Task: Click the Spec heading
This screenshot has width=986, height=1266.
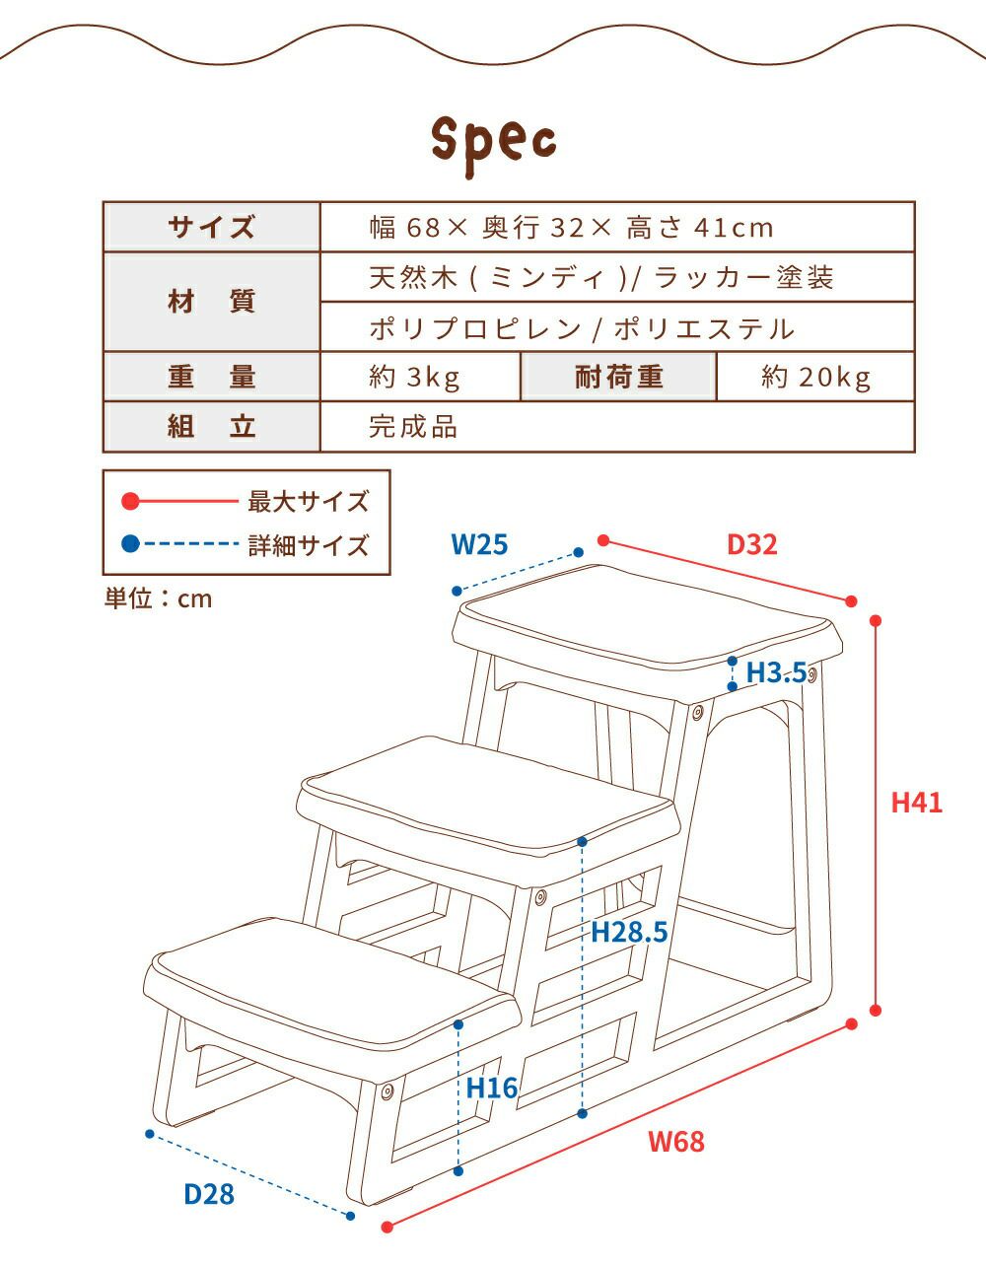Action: tap(494, 143)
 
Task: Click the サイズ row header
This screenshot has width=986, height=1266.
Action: tap(211, 228)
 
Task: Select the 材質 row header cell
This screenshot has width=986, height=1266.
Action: tap(211, 302)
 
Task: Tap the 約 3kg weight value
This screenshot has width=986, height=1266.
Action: tap(415, 377)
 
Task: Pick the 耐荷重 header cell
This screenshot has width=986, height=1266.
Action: tap(618, 377)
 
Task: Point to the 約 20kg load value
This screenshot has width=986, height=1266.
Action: tap(816, 377)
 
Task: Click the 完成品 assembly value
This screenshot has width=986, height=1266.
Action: tap(413, 427)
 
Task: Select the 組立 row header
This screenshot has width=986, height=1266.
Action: tap(211, 427)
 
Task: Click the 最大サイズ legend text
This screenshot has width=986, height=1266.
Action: tap(308, 502)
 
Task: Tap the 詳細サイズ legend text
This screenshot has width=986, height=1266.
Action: tap(308, 544)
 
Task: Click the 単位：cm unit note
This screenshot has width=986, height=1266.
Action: tap(159, 598)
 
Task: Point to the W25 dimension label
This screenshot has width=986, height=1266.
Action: tap(479, 543)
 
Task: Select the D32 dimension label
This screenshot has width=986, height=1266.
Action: tap(751, 543)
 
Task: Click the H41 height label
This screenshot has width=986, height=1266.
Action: tap(916, 803)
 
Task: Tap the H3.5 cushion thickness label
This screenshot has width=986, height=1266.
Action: tap(777, 672)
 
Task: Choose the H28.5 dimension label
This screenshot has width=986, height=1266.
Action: tap(629, 931)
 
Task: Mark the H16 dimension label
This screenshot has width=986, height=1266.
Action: tap(491, 1089)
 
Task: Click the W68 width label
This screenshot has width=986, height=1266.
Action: tap(676, 1142)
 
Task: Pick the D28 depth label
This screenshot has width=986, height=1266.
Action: tap(209, 1194)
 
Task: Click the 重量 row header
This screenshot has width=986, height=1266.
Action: tap(211, 377)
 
